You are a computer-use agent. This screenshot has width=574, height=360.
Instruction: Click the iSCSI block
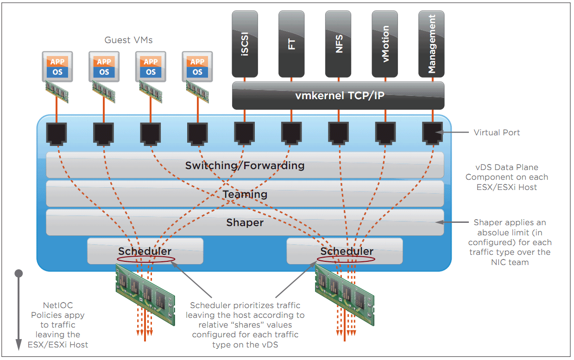click(245, 44)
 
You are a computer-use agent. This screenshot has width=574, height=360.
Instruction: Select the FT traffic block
click(291, 44)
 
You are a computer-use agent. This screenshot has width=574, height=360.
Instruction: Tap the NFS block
click(338, 44)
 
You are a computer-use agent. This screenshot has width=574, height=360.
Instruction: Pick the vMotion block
click(385, 44)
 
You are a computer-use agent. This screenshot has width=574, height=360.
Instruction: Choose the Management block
click(431, 44)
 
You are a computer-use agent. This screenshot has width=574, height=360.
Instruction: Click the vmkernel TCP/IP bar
click(338, 96)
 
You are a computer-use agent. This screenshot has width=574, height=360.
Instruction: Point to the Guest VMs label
click(128, 40)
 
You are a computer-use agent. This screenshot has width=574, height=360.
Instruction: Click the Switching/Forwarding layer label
click(245, 165)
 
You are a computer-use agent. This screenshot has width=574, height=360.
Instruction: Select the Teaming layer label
click(245, 194)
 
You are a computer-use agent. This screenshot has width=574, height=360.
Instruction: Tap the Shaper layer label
click(245, 223)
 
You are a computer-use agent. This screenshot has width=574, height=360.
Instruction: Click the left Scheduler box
click(145, 251)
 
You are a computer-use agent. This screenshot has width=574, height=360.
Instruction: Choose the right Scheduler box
click(345, 251)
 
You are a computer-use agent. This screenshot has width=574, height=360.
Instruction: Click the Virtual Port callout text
click(497, 133)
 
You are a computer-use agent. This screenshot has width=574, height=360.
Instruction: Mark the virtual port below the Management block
click(432, 133)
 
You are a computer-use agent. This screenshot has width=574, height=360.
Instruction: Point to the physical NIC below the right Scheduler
click(344, 288)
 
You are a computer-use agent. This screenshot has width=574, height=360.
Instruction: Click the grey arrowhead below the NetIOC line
click(19, 344)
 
